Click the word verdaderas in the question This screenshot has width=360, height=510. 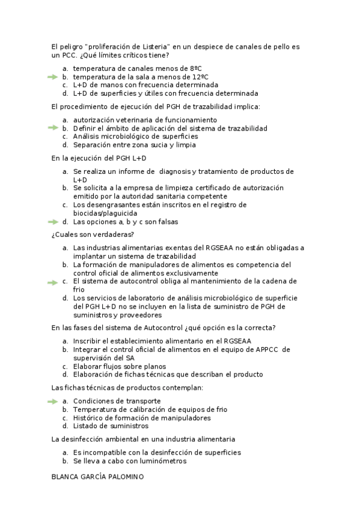click(114, 234)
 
